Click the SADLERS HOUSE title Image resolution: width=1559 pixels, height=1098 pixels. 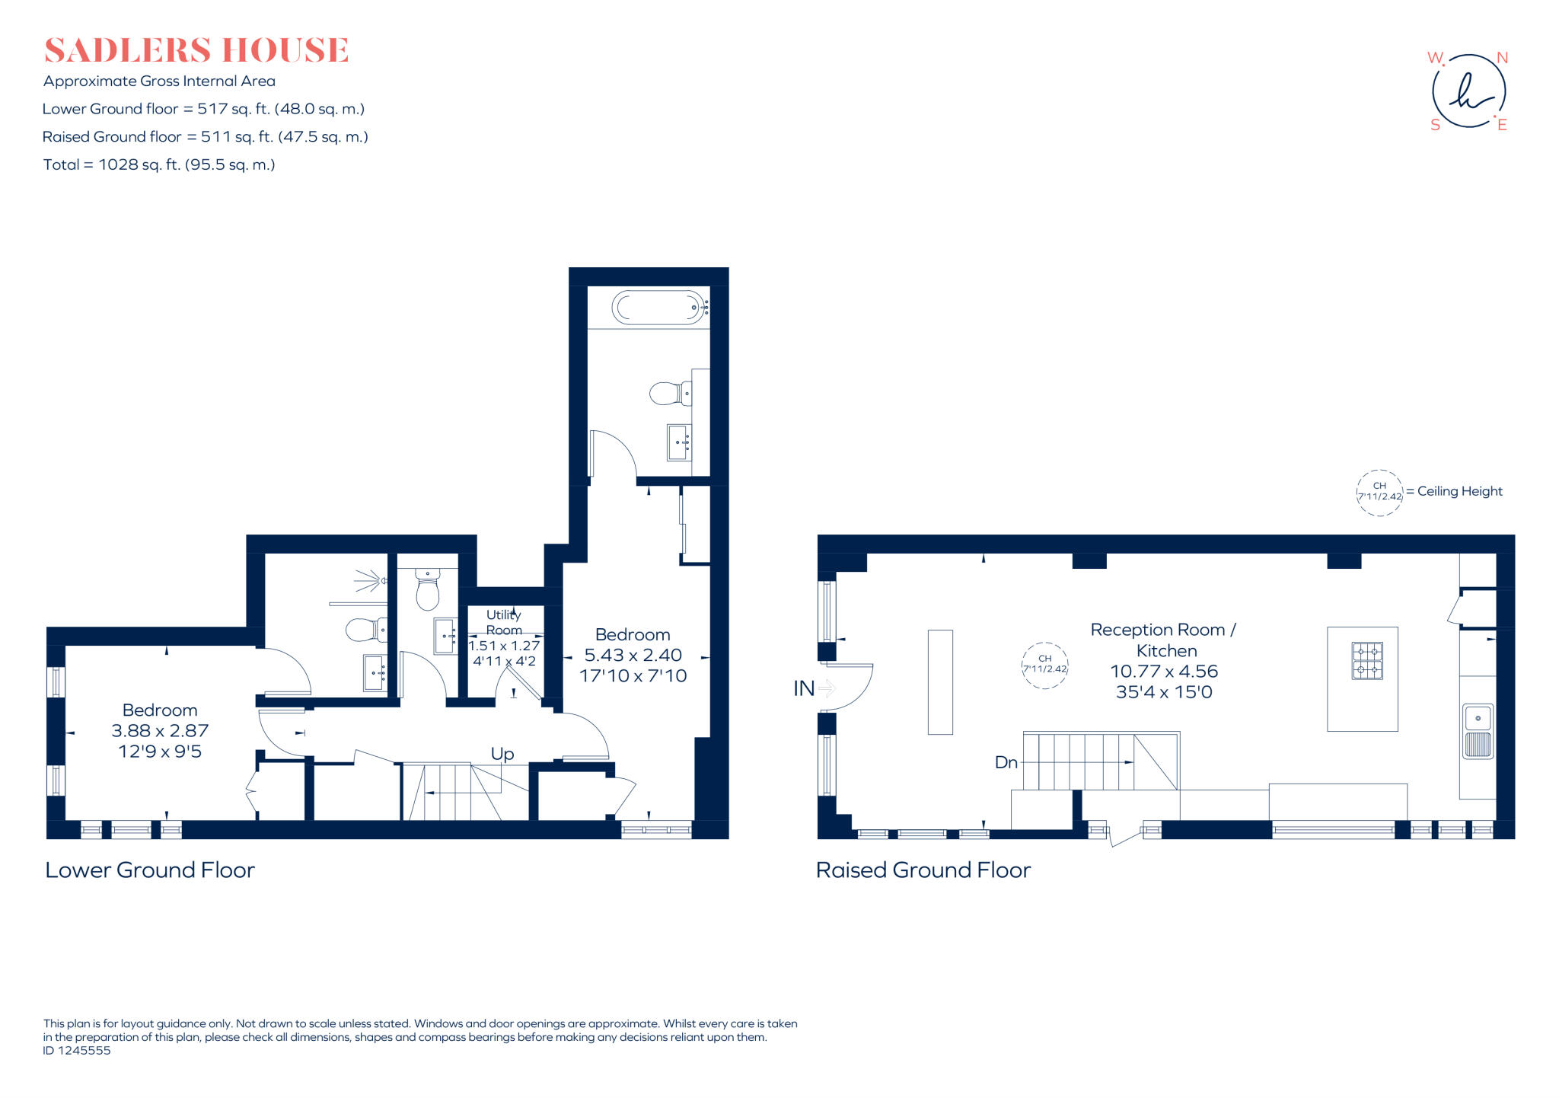[x=196, y=50]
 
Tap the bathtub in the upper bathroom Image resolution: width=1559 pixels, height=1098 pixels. [x=659, y=308]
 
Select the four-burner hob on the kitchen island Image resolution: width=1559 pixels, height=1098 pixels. [x=1367, y=660]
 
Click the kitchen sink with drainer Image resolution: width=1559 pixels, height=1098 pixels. [x=1478, y=731]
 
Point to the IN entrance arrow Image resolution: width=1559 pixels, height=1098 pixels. [x=827, y=688]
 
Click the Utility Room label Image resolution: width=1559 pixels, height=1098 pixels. [x=504, y=622]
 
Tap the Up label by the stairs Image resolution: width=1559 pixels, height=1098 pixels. [x=502, y=754]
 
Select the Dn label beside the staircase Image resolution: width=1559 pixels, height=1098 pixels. [x=1006, y=762]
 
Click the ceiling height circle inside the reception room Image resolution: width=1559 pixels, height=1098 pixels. [x=1044, y=665]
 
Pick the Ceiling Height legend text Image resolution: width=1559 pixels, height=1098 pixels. [x=1459, y=491]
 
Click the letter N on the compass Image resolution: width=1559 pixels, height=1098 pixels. [x=1502, y=58]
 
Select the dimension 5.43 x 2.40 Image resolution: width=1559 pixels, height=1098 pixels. [x=633, y=655]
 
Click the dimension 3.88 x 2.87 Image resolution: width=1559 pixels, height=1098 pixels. [x=160, y=731]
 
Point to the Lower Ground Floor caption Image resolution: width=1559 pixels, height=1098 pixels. [x=150, y=870]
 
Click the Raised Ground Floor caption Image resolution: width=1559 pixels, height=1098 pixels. [x=923, y=870]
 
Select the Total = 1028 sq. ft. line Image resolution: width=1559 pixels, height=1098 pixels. [x=159, y=164]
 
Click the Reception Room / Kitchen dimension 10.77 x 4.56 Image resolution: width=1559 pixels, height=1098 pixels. [x=1164, y=672]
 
